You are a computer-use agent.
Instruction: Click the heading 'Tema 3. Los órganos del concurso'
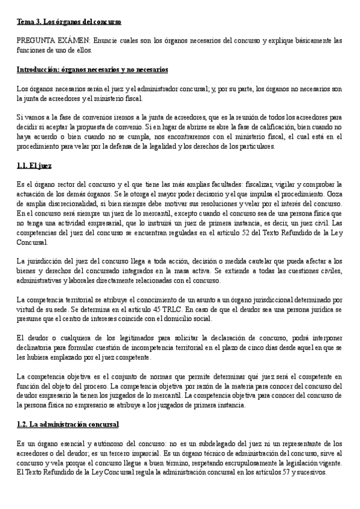[x=69, y=22]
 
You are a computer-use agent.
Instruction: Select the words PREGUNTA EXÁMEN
[x=53, y=41]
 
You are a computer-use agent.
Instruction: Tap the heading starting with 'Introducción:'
[x=92, y=70]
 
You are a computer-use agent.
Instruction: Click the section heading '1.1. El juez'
[x=34, y=165]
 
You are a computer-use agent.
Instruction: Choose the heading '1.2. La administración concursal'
[x=68, y=424]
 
